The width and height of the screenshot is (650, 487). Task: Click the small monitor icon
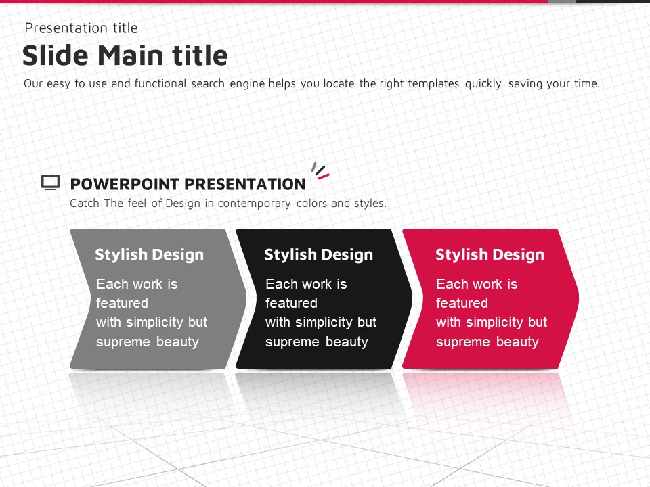click(x=51, y=182)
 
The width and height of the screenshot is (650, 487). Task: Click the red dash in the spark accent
click(x=324, y=177)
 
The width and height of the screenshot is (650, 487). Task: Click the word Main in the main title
click(x=131, y=55)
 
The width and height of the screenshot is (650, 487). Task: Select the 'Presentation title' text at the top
click(x=81, y=28)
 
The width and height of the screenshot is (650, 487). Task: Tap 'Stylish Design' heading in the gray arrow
click(x=149, y=254)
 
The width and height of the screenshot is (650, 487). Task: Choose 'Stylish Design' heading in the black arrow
click(x=318, y=254)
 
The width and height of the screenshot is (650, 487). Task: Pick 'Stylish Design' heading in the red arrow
click(x=490, y=254)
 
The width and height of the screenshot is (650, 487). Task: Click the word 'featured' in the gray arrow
click(x=123, y=303)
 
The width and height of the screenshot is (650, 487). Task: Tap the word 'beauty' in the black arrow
click(x=347, y=342)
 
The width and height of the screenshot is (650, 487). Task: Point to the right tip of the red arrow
click(x=579, y=298)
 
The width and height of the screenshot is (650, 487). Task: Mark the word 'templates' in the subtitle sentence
click(x=433, y=84)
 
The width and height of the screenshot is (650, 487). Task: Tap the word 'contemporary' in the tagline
click(x=254, y=204)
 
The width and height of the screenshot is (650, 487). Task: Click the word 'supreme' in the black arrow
click(x=292, y=342)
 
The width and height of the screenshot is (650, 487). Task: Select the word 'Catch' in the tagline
click(x=85, y=204)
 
